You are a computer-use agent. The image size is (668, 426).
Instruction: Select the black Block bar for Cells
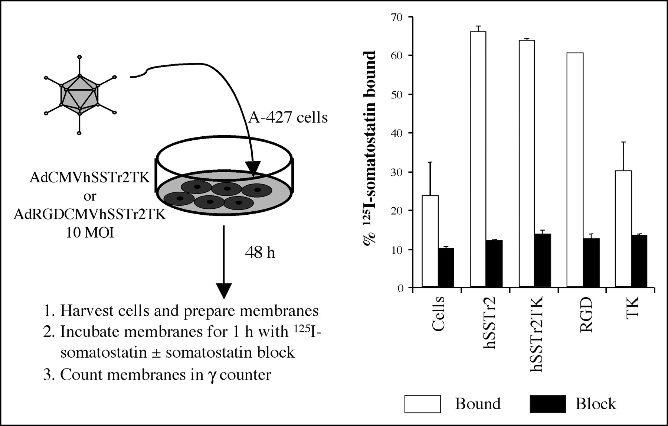click(446, 267)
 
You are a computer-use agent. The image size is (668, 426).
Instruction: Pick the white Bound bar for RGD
click(575, 170)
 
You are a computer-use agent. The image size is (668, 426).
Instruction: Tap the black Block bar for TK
click(639, 261)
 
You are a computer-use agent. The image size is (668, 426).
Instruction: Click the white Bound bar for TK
click(623, 229)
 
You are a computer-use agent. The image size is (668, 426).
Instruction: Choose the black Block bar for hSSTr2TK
click(543, 260)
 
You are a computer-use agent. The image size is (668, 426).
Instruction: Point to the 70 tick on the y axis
click(411, 17)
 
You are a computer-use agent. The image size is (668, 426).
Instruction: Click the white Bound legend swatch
click(423, 404)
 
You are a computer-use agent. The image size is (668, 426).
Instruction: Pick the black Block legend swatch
click(548, 404)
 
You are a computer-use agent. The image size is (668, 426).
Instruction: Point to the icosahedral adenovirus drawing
click(79, 95)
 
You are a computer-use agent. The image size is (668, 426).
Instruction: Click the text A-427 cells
click(288, 117)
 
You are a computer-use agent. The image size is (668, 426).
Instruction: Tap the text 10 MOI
click(90, 233)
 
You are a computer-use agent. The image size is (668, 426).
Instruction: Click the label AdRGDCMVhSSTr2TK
click(90, 214)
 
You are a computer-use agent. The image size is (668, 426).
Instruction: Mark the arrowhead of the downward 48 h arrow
click(223, 291)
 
